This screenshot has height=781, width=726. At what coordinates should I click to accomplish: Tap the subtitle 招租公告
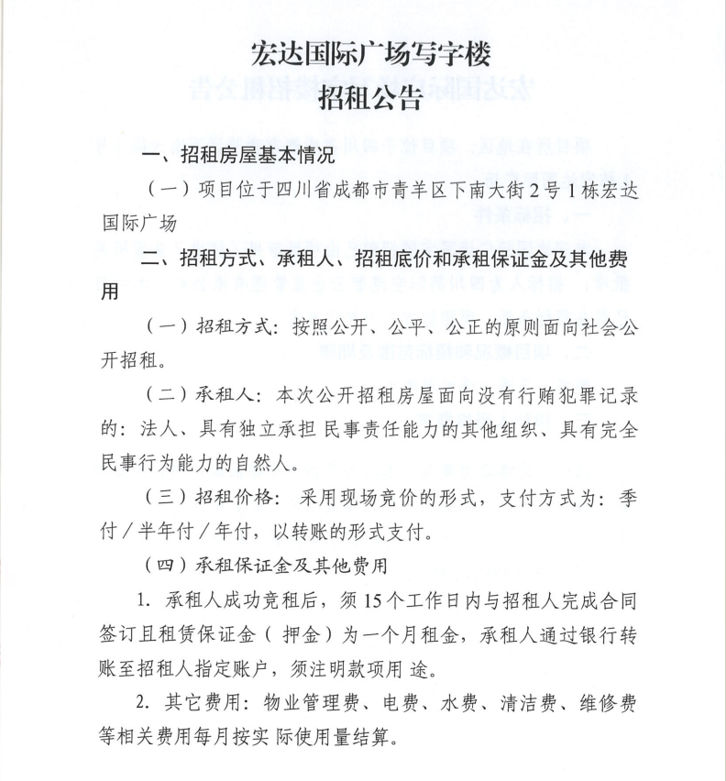(370, 97)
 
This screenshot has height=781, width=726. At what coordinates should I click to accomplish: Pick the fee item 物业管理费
(322, 707)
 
